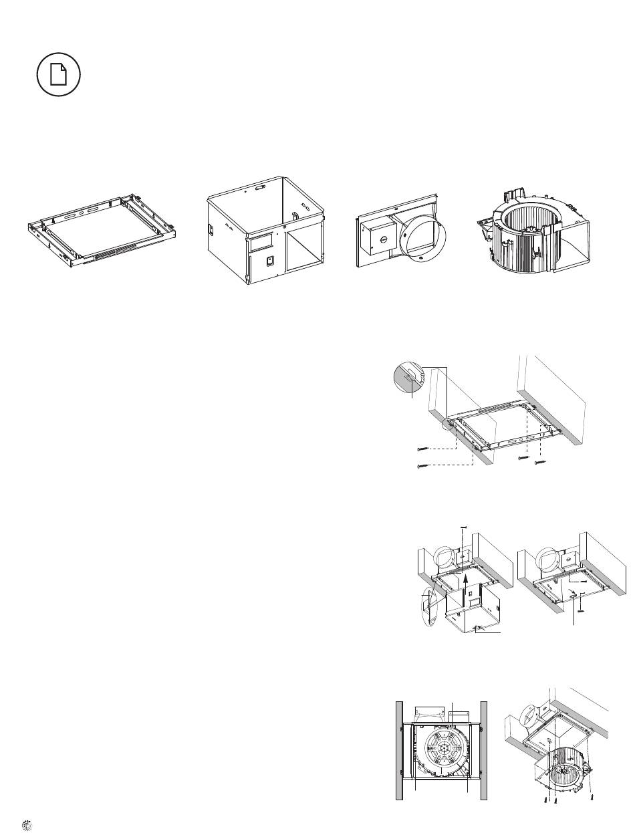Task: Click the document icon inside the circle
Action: coord(59,74)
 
